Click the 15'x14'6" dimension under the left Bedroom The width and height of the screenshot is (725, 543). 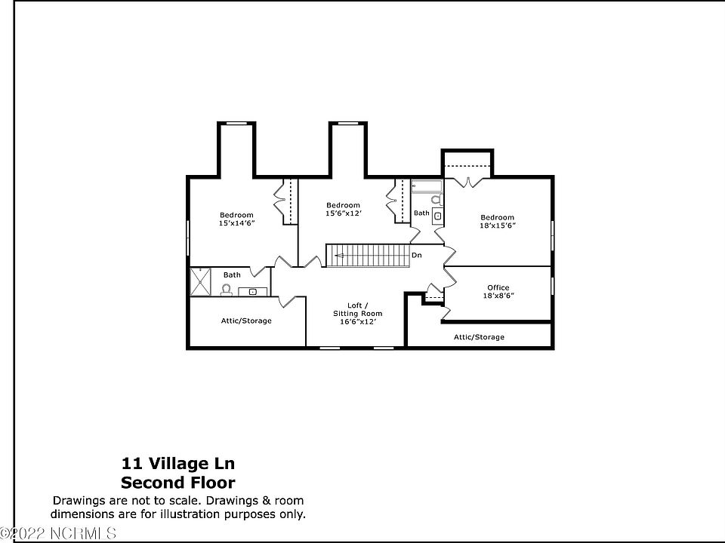236,223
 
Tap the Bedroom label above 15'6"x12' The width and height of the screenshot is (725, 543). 343,205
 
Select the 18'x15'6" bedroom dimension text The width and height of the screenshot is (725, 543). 497,225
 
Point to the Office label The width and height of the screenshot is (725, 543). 498,287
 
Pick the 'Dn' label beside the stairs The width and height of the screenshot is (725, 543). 416,256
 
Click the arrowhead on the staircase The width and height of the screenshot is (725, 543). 339,256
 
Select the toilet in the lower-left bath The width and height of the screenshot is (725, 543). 227,290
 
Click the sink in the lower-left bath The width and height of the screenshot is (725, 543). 253,291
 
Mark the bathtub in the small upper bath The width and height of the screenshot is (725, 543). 427,186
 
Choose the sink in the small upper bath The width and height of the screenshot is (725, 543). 437,214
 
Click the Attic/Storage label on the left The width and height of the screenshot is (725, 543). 246,321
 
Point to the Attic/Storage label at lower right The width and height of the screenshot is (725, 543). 479,337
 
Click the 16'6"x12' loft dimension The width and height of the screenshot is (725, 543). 358,321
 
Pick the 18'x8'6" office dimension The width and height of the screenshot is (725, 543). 498,296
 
